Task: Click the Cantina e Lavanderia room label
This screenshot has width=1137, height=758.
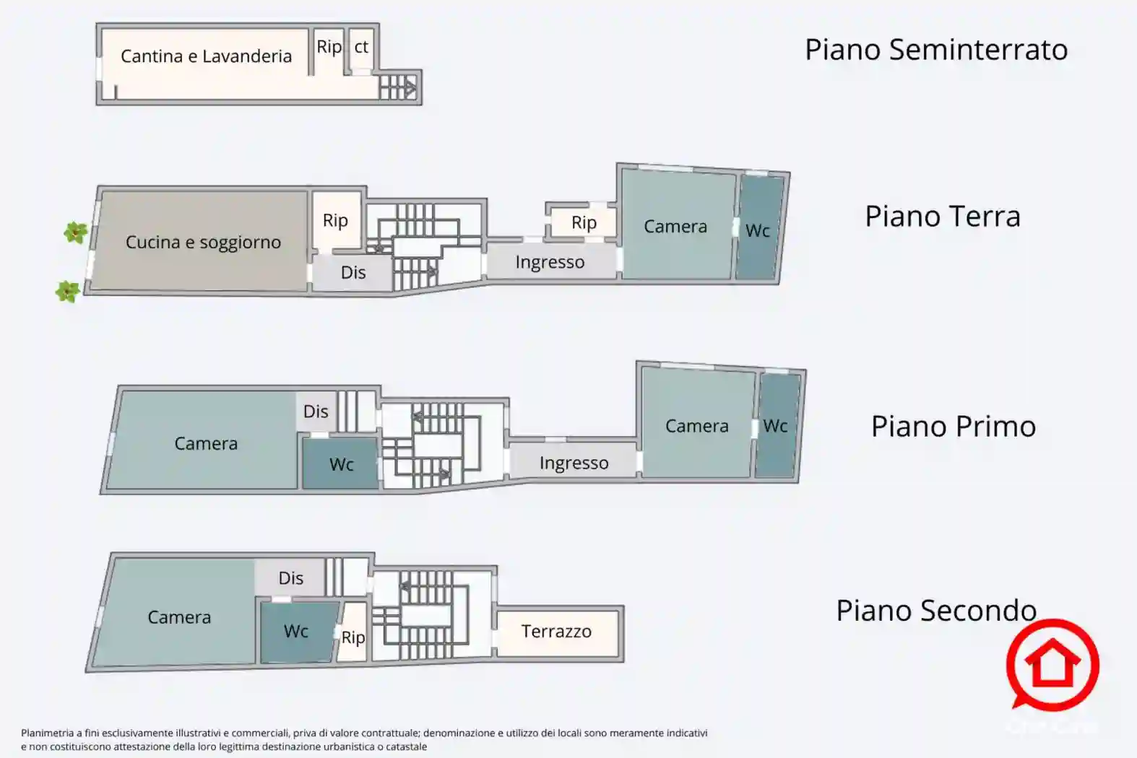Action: tap(206, 56)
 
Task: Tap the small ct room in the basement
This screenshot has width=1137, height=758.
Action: tap(361, 49)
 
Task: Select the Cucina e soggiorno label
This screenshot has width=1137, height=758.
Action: tap(203, 242)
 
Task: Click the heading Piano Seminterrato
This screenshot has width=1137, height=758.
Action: tap(936, 50)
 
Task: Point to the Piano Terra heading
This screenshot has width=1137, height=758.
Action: tap(943, 216)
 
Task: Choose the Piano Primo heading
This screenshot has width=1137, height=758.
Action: tap(954, 426)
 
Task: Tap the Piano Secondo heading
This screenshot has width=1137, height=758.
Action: tap(936, 610)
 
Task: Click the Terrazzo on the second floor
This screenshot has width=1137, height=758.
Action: tap(557, 632)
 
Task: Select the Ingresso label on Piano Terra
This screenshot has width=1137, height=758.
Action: tap(550, 262)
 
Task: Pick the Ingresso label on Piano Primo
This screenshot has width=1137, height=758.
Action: tap(574, 463)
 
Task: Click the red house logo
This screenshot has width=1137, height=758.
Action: tap(1052, 664)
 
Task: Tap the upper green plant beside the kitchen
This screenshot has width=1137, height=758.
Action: tap(76, 233)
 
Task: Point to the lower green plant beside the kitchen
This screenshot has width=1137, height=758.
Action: tap(67, 292)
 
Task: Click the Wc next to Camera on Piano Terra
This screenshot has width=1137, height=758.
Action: tap(758, 227)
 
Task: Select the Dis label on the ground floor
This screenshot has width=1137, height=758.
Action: tap(353, 272)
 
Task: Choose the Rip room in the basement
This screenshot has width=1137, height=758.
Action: tap(329, 51)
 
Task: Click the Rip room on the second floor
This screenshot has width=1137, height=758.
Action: tap(353, 632)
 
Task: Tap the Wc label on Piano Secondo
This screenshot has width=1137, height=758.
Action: tap(296, 631)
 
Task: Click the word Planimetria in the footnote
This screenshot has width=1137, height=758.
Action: tap(47, 733)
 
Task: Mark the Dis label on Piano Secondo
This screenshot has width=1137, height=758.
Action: tap(291, 578)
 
